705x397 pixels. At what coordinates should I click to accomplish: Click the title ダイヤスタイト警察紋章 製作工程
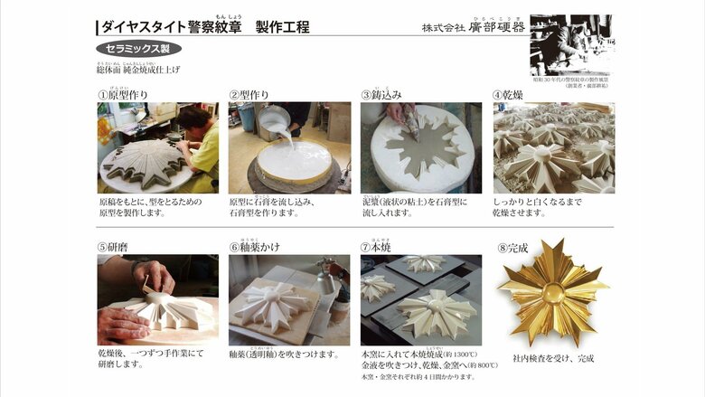click(203, 27)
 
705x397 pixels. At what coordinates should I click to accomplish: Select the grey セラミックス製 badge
click(138, 49)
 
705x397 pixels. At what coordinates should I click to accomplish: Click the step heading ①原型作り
click(123, 94)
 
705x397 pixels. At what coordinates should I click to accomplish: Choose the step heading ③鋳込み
click(381, 94)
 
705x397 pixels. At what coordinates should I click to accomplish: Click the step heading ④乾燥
click(510, 94)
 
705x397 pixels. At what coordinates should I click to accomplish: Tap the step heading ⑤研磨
click(116, 247)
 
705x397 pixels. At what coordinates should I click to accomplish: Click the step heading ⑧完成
click(512, 247)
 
